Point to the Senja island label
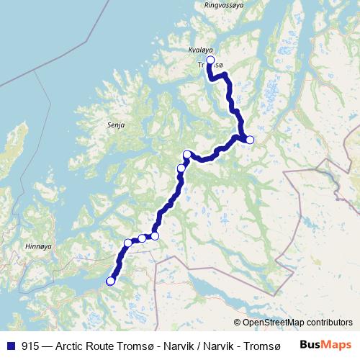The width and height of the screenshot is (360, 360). pyautogui.click(x=115, y=125)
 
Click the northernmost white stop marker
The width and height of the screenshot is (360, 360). pyautogui.click(x=210, y=60)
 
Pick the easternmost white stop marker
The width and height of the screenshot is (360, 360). pyautogui.click(x=250, y=140)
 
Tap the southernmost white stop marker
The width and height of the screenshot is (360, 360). pyautogui.click(x=110, y=281)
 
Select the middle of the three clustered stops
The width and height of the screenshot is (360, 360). pyautogui.click(x=142, y=238)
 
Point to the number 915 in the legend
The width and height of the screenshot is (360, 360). pyautogui.click(x=30, y=346)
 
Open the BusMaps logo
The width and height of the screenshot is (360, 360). pyautogui.click(x=325, y=345)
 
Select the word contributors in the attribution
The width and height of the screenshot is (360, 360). pyautogui.click(x=328, y=323)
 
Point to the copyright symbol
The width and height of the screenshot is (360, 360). pyautogui.click(x=238, y=323)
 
